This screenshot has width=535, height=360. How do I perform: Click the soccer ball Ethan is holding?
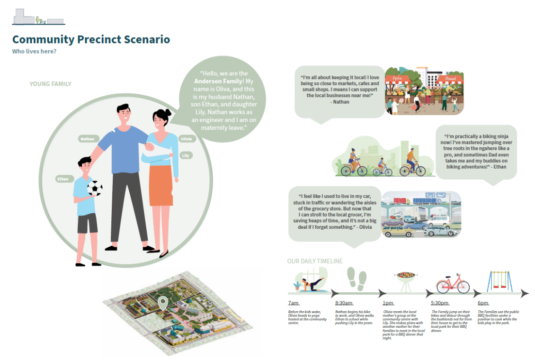95,189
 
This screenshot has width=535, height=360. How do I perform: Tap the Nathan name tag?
87,139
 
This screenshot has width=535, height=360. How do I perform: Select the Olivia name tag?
186,139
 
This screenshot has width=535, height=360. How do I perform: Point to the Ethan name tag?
63,179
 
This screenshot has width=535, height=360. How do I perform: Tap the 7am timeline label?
293,303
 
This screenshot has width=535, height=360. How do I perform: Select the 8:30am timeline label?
344,303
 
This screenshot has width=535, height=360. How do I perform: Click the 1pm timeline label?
388,303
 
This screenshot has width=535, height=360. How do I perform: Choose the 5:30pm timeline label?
439,303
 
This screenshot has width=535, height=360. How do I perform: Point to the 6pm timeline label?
483,303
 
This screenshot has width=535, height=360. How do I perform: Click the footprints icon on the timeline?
357,279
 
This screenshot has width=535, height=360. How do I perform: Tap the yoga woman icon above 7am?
310,283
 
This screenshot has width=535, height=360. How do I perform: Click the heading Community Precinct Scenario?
91,39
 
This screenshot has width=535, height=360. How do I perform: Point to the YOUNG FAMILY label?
50,84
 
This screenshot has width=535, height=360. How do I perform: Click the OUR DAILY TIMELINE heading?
314,261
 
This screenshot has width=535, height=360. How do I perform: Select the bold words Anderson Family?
214,81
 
